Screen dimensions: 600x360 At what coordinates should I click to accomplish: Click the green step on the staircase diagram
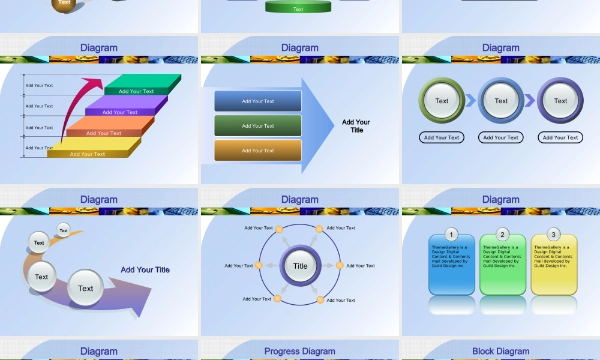point(143,84)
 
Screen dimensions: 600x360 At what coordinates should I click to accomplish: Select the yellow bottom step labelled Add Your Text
point(94,147)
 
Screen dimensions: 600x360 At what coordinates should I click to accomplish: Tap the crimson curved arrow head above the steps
point(94,83)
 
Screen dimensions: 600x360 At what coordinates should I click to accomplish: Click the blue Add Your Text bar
point(258,101)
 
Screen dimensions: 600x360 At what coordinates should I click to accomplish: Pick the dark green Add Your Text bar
point(258,126)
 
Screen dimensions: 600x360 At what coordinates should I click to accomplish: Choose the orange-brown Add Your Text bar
point(258,151)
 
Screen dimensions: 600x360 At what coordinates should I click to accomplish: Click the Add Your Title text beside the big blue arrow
point(356,126)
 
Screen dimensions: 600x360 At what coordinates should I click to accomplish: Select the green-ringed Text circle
point(442,101)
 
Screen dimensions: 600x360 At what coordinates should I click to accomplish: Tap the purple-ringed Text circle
point(560,101)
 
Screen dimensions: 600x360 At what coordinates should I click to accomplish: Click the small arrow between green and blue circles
point(470,101)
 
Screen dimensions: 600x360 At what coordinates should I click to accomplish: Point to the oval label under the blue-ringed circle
point(500,137)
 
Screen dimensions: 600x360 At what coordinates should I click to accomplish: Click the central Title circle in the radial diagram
point(301,266)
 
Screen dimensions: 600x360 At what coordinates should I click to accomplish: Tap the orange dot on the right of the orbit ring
point(340,265)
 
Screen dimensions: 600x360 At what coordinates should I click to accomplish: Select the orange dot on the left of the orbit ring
point(259,265)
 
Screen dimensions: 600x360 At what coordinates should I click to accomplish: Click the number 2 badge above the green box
point(502,234)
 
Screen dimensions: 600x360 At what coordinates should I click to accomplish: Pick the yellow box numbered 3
point(554,265)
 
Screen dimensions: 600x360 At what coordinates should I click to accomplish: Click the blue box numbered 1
point(452,265)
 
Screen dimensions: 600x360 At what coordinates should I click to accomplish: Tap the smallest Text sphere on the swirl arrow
point(64,230)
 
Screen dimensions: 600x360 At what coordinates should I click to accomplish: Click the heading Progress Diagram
point(299,351)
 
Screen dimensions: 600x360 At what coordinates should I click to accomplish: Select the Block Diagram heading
point(500,351)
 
